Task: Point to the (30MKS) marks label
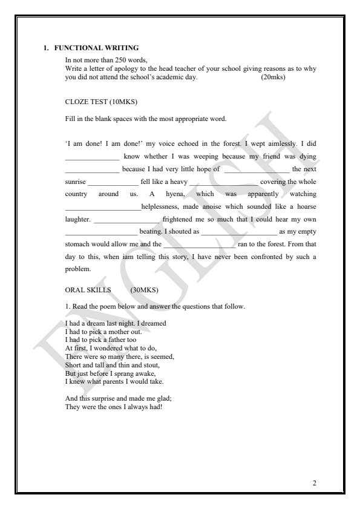pyautogui.click(x=144, y=289)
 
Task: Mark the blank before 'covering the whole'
pyautogui.click(x=223, y=182)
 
